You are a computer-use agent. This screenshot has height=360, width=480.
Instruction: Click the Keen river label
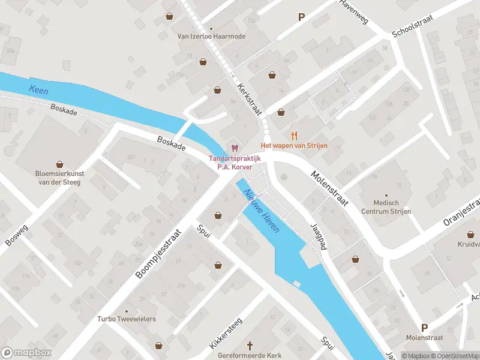(x=38, y=90)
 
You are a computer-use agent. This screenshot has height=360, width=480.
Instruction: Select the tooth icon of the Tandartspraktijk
(x=235, y=148)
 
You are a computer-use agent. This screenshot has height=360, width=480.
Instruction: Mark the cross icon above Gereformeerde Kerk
(x=252, y=346)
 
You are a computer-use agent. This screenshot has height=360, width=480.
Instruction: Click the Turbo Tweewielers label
(x=127, y=319)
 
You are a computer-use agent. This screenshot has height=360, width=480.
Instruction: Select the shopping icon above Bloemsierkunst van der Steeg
(x=59, y=164)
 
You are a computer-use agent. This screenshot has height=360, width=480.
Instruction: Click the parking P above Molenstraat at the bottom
(x=425, y=328)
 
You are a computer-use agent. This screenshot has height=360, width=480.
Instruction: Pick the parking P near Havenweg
(x=301, y=17)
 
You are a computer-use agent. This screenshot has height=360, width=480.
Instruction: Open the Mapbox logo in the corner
(x=27, y=353)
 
